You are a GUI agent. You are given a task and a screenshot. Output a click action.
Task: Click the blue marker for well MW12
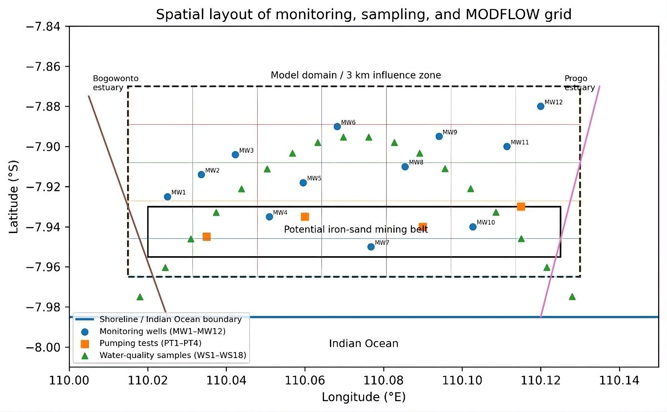(x=540, y=106)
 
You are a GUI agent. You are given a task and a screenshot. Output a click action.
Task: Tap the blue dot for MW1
(x=167, y=197)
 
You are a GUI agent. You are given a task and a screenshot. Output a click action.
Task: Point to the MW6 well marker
(x=337, y=126)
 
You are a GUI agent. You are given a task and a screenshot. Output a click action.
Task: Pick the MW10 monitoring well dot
(x=473, y=227)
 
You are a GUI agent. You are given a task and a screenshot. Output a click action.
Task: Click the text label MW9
(x=450, y=132)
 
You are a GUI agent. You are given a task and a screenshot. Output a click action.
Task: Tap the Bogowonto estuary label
(x=116, y=83)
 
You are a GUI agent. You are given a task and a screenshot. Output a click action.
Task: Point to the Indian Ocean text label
(x=364, y=343)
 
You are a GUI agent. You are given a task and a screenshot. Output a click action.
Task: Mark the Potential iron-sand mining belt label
(x=356, y=229)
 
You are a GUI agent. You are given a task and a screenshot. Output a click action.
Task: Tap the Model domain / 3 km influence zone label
(x=356, y=75)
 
